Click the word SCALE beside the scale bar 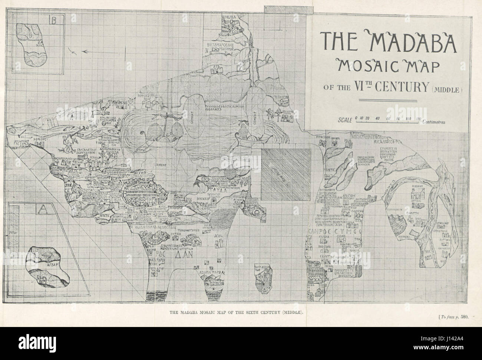point(344,120)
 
